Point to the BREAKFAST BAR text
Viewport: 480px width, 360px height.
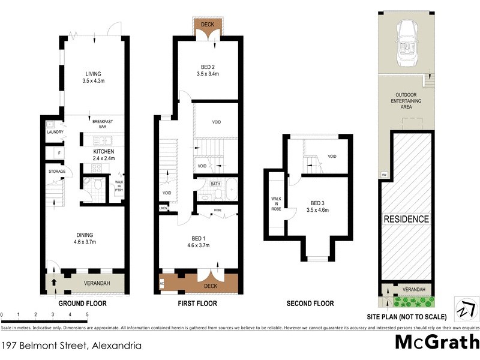point(104,124)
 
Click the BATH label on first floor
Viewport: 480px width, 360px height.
point(215,184)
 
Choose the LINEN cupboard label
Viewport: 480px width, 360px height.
point(163,208)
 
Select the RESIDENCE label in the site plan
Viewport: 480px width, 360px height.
point(406,219)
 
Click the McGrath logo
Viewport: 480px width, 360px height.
point(436,343)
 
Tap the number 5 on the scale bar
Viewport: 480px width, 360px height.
point(88,314)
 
